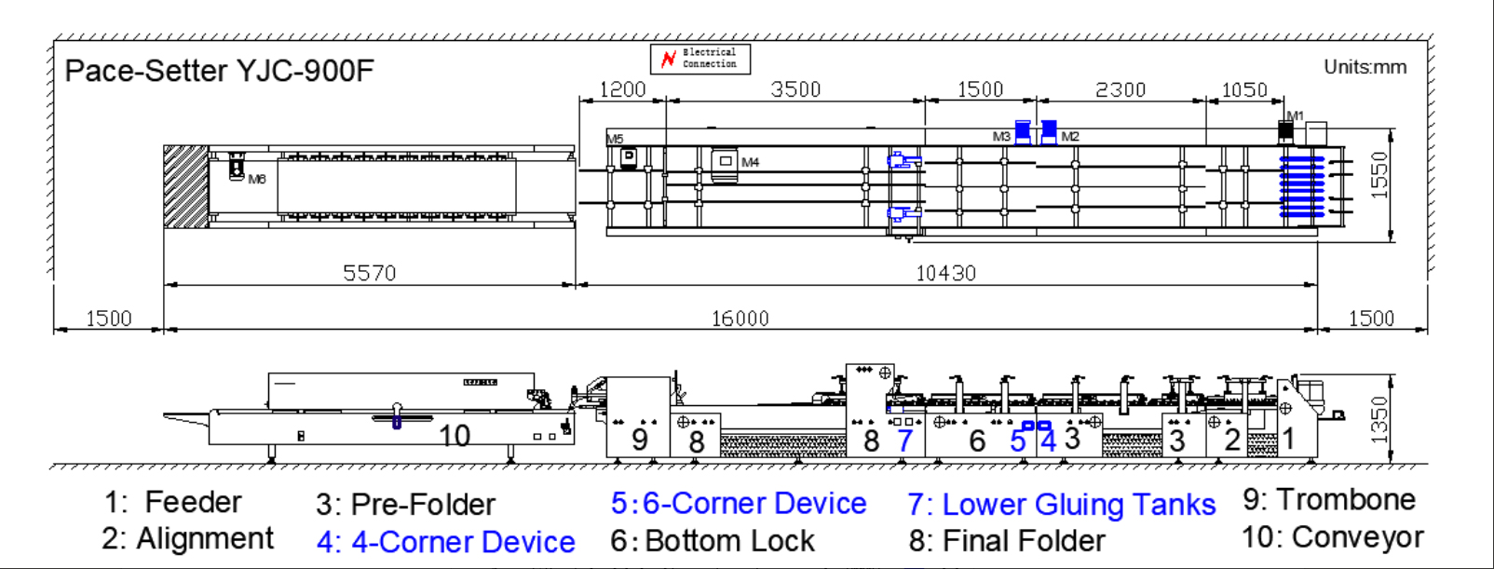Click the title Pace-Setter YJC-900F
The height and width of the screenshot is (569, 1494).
(x=219, y=71)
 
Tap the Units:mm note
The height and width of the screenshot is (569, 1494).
(x=1365, y=67)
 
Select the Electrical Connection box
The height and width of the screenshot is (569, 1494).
(x=700, y=59)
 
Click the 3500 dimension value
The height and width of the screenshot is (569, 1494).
(x=795, y=89)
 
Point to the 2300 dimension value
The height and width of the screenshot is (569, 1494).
(x=1120, y=89)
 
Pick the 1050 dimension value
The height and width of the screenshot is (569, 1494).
(x=1244, y=89)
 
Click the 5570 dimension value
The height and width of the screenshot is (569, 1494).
(x=369, y=273)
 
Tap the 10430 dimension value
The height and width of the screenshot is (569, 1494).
(x=945, y=273)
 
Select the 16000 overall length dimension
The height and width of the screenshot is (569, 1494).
(x=740, y=318)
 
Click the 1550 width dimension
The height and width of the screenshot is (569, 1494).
(x=1379, y=174)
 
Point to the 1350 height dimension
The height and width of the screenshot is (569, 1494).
(x=1379, y=419)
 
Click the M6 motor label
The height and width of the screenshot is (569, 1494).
(x=257, y=179)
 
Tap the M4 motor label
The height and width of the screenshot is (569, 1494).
(x=750, y=162)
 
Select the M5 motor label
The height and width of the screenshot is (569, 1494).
(x=615, y=139)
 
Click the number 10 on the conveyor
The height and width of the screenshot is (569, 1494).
(x=455, y=436)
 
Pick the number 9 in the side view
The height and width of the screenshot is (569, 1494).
(x=639, y=439)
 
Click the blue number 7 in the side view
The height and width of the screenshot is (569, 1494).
(x=903, y=440)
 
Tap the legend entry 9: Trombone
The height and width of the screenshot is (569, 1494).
(x=1328, y=499)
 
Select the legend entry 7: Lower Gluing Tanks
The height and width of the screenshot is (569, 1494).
(x=1062, y=504)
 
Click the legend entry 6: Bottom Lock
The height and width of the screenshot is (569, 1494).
(x=713, y=540)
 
